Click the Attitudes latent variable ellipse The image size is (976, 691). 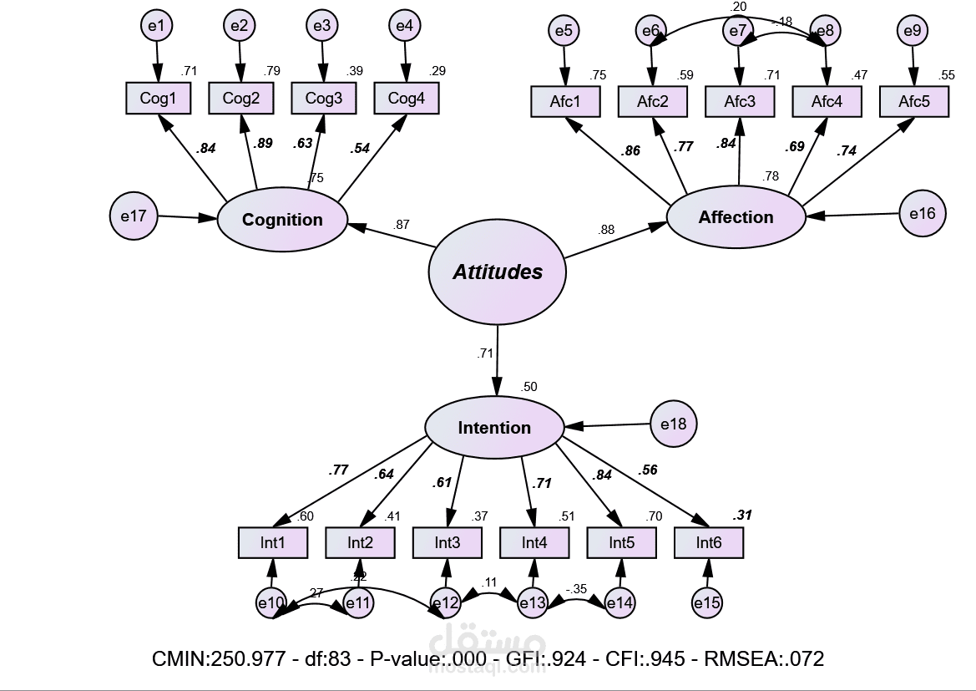coord(498,272)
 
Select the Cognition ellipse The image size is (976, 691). coord(282,220)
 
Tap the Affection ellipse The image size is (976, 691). coord(736,217)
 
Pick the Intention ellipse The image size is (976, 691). coord(494,428)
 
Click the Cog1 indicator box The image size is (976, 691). coord(158,99)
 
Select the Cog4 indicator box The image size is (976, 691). coord(407,99)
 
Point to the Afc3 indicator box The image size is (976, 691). coord(739,102)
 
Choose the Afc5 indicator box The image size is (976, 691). coord(913,102)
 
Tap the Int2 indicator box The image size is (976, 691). coord(360,543)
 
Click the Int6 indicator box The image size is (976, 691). coord(709,543)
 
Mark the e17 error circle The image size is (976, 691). coord(134,216)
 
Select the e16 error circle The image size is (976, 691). coord(923,213)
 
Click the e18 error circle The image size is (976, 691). coord(673,424)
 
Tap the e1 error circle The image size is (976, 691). coord(156,26)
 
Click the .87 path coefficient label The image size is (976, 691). coord(402,224)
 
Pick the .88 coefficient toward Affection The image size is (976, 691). coord(606,230)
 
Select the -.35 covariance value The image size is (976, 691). coord(577,588)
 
